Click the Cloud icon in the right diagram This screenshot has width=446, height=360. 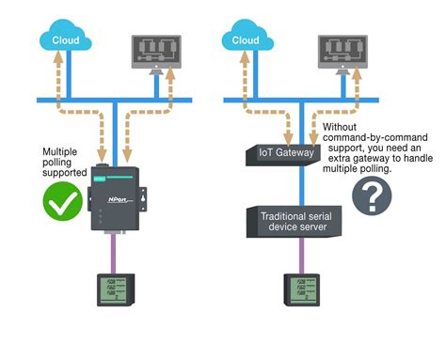point(246,40)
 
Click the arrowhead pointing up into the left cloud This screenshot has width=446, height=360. point(59,58)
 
